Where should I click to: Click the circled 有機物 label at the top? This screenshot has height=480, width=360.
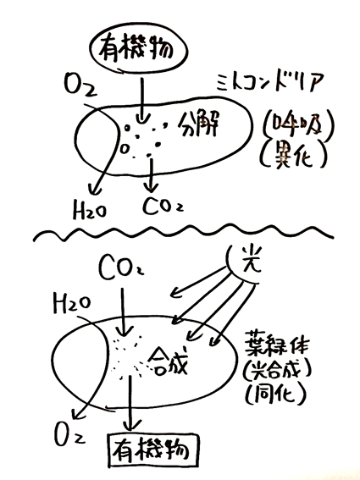[136, 50]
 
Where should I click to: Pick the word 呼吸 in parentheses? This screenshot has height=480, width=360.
[296, 124]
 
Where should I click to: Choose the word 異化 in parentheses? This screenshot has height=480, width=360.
[293, 155]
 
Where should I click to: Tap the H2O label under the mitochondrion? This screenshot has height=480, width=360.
[89, 210]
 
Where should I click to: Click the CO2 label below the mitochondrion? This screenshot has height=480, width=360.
[163, 206]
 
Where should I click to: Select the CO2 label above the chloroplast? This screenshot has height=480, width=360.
[121, 269]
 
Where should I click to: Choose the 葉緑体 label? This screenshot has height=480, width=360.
[276, 345]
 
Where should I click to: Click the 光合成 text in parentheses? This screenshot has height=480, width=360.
[277, 371]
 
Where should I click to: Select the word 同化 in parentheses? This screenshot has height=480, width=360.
[276, 393]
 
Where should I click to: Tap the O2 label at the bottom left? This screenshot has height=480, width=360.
[69, 434]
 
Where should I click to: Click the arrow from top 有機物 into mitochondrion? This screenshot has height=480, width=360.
[141, 101]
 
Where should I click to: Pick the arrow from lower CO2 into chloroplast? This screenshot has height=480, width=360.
[123, 312]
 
